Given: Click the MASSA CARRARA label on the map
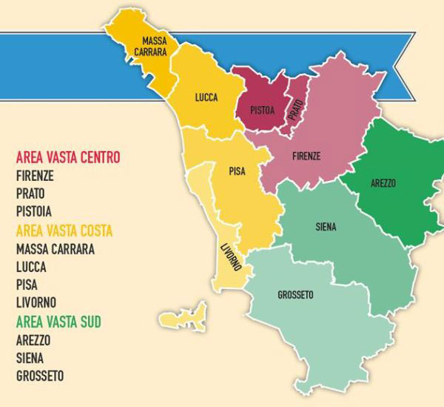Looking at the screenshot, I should coord(155,46).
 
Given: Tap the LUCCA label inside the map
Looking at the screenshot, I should coord(206,97).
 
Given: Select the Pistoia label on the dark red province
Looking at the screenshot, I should coord(262,112).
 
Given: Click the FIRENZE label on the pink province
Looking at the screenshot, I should coord(306,156).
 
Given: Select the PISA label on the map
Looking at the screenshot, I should coord(237,171).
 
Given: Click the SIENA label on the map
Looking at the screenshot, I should coord(325,227).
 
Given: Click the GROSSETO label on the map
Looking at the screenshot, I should coord(295,295).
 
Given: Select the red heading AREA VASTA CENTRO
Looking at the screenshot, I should coord(67,158).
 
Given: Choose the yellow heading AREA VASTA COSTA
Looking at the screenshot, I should coord(64,231).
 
